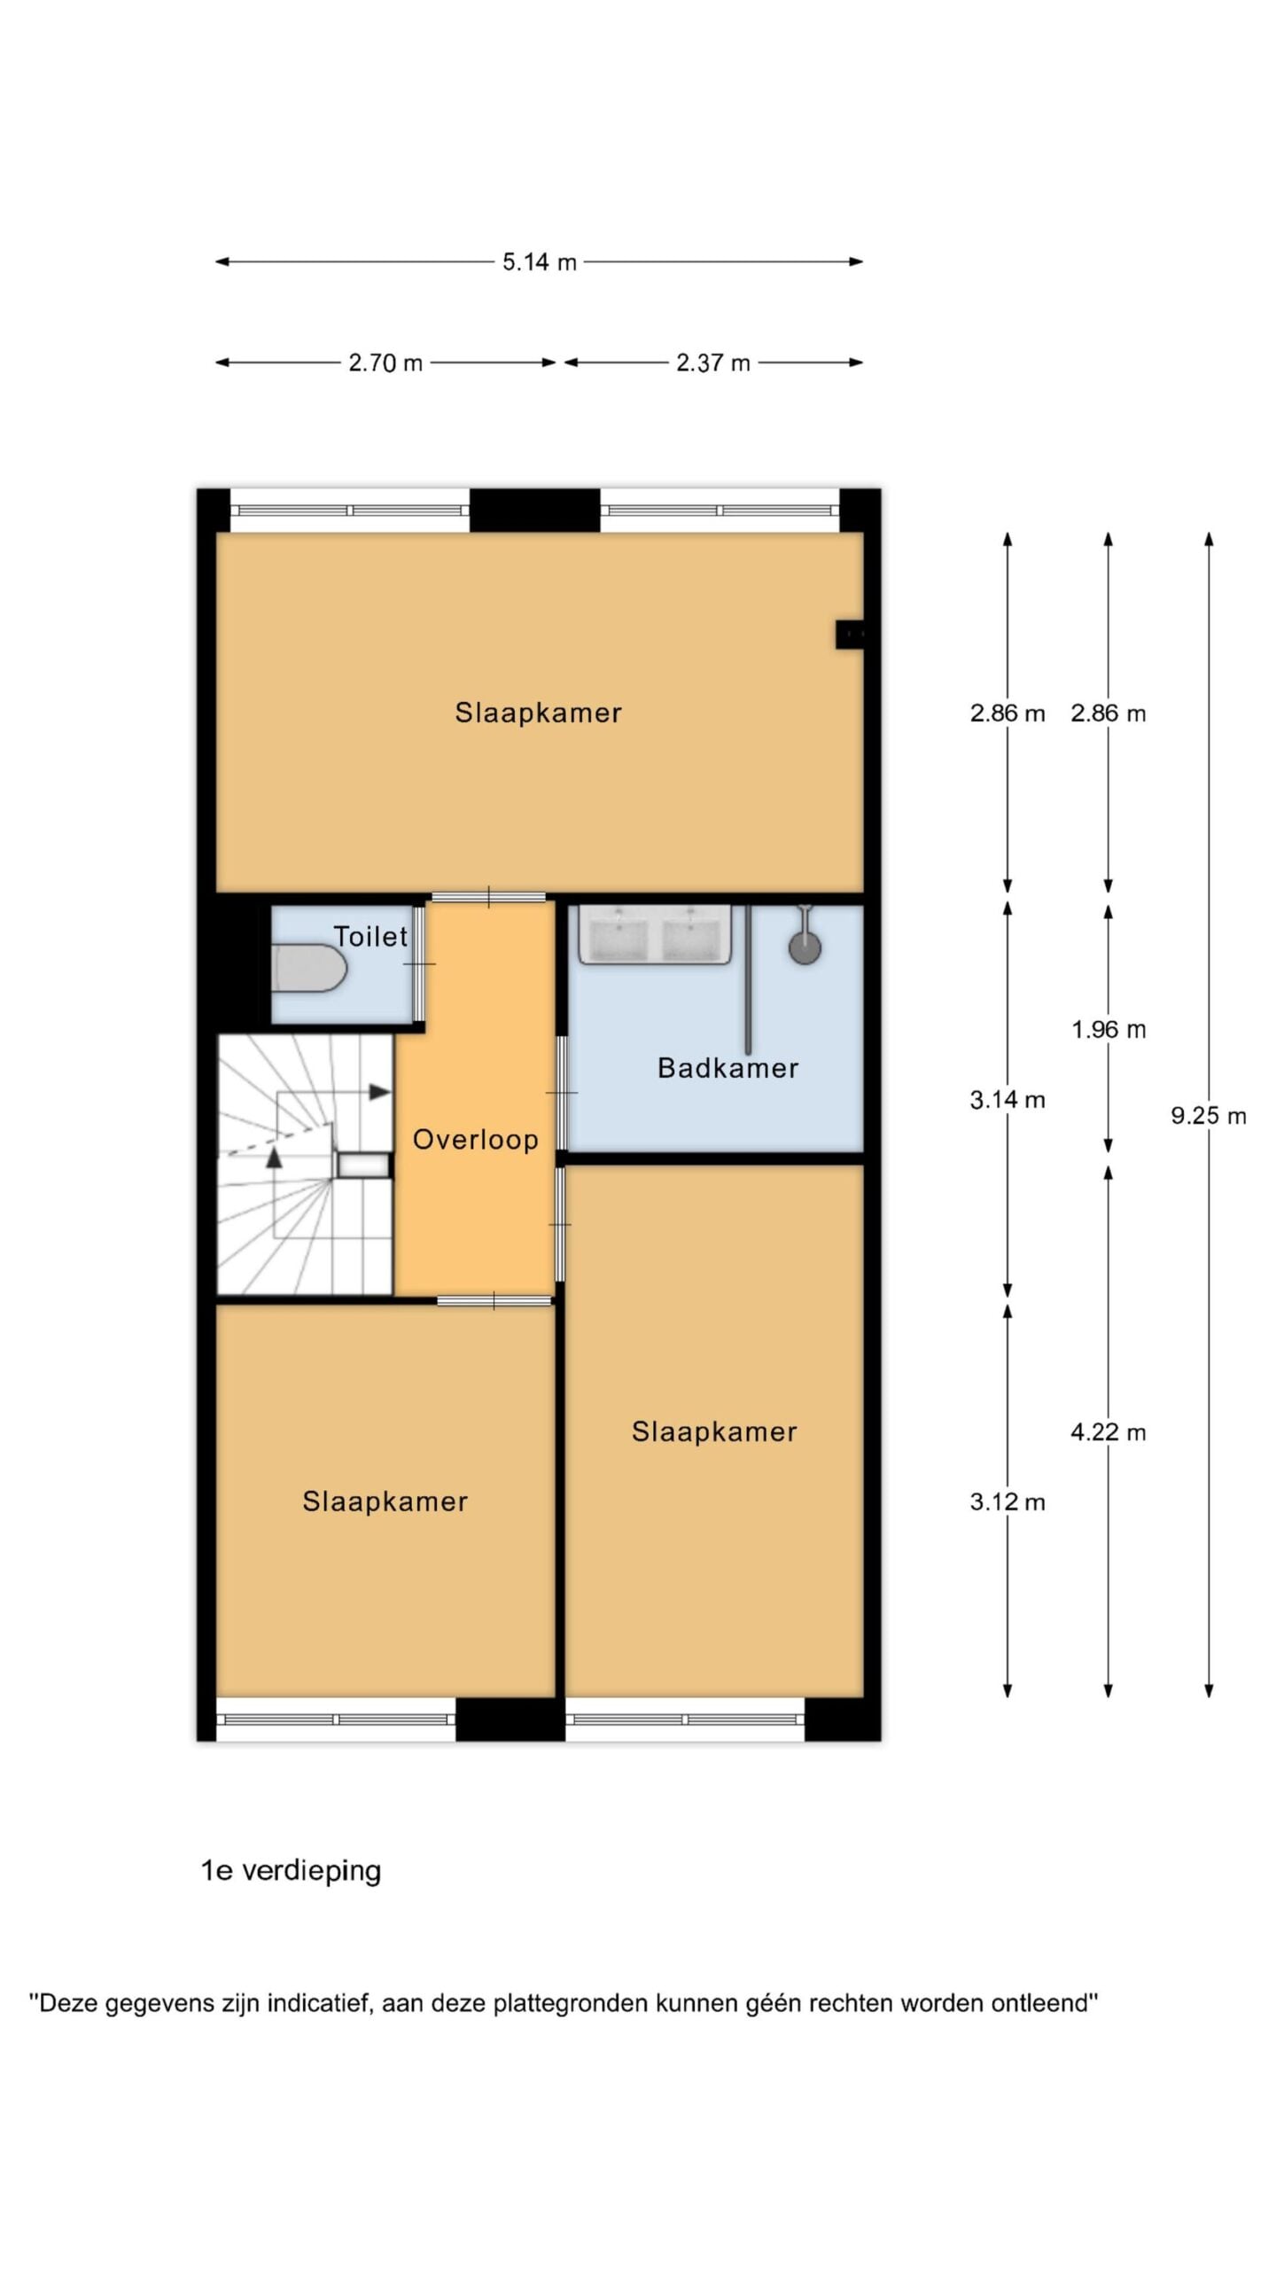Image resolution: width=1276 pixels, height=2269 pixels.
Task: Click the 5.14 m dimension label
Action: (x=539, y=261)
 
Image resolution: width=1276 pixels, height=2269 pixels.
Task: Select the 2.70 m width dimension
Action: (x=385, y=363)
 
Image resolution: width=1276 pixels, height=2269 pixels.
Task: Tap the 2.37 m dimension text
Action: (x=713, y=363)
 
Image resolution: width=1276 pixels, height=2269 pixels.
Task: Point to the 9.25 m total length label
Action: (x=1208, y=1116)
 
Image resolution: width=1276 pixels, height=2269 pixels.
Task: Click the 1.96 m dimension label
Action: (x=1109, y=1029)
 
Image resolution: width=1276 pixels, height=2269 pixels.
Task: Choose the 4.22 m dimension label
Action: (x=1109, y=1432)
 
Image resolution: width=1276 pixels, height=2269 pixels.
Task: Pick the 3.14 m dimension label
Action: (x=1008, y=1100)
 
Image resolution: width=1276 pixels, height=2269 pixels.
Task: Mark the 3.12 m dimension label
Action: (x=1008, y=1501)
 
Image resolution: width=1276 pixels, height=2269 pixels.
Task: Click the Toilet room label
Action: (x=370, y=936)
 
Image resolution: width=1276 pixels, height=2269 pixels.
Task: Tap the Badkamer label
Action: (x=727, y=1068)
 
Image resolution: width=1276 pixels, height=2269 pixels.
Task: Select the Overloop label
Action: (x=476, y=1140)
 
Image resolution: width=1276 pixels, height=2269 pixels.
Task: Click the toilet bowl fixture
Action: (x=307, y=967)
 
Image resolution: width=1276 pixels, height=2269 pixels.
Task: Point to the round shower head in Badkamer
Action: (x=805, y=947)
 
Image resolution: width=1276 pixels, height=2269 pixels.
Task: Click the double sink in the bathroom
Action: (x=655, y=934)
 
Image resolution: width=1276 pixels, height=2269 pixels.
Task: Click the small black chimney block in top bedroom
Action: (x=850, y=634)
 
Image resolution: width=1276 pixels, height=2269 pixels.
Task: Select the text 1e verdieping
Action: (x=291, y=1871)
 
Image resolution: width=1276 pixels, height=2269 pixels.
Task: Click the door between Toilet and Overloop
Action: (x=418, y=963)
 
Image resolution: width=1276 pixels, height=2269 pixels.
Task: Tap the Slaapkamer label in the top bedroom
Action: (x=539, y=713)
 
